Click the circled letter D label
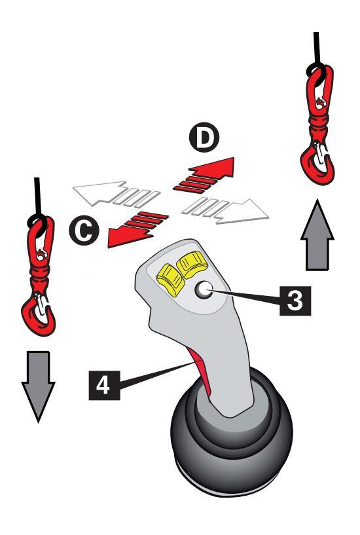coord(204,137)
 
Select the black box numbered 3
coord(295,301)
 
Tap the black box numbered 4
coord(104,385)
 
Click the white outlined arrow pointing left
coord(116,193)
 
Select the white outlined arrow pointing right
coord(225,210)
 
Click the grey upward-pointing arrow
coord(317,236)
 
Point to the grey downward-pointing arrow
coord(38,386)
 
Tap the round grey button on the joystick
coord(204,290)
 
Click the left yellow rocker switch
coord(170,280)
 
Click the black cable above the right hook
coord(316,49)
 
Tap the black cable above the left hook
coord(37,197)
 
